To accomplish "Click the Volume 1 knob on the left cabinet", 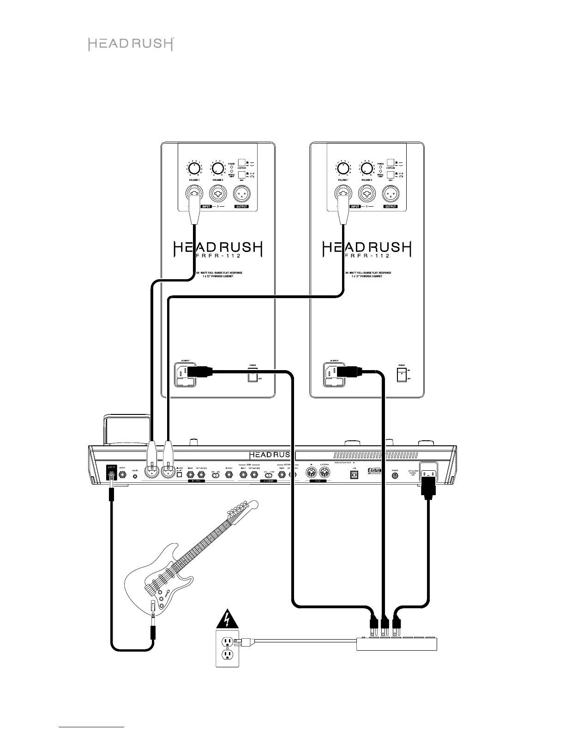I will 194,168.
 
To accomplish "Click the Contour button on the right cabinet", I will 391,163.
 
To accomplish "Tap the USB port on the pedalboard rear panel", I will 355,475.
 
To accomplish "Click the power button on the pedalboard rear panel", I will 395,475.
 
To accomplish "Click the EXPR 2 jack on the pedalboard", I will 123,474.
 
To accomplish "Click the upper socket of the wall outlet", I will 227,641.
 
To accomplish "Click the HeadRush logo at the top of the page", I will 131,44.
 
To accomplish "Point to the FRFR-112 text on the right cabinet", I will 367,256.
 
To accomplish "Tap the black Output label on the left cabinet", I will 241,206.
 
